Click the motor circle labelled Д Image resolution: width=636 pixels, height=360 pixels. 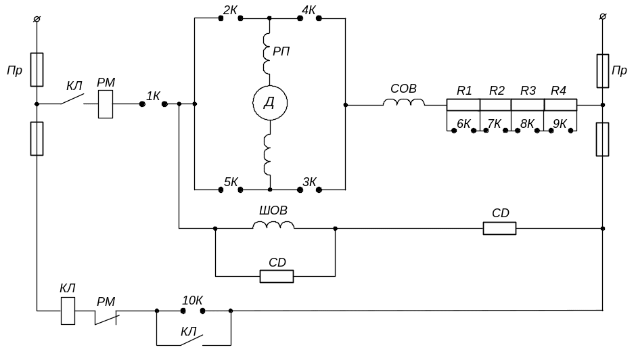coord(270,104)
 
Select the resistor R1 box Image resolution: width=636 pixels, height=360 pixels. coord(463,105)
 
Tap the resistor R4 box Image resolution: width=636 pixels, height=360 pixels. coord(560,105)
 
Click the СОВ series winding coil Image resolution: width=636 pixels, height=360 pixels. coord(404,103)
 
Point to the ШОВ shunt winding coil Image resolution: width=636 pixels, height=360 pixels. coord(273,225)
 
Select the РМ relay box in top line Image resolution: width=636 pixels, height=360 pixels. coord(106,104)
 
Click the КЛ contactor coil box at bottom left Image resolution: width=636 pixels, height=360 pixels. coord(68,311)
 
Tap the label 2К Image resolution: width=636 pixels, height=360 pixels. coord(229,10)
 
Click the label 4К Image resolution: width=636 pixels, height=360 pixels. coord(309,10)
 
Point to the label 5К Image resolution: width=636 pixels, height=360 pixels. coord(231,181)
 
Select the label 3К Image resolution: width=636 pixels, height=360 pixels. coord(309,181)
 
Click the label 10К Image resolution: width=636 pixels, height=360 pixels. coord(192,300)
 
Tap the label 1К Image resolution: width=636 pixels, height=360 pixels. coord(154,96)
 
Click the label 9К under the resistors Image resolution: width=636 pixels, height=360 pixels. coord(560,124)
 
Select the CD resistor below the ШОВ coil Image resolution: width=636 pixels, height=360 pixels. coord(277,276)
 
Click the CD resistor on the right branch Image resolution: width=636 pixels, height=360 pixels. coord(499,229)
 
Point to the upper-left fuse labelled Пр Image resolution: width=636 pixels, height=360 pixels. coord(38,70)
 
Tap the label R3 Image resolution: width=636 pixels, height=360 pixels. coord(528,91)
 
